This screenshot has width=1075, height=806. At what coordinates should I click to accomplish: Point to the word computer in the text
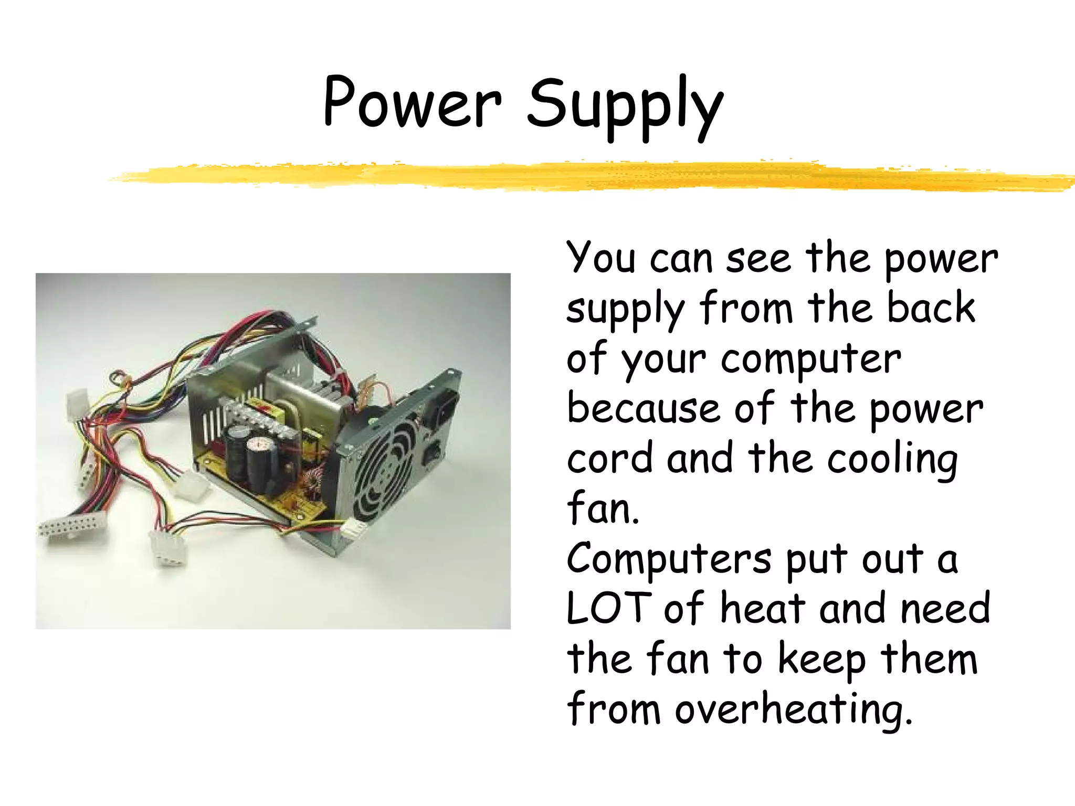[x=811, y=360]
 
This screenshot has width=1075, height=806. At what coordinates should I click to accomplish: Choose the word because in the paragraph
[x=644, y=409]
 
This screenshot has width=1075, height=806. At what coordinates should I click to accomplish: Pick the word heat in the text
[x=763, y=609]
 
